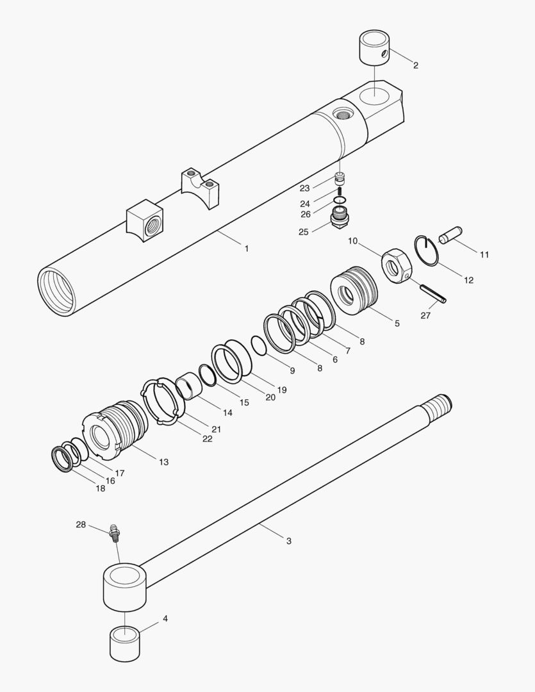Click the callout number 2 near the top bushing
pyautogui.click(x=415, y=65)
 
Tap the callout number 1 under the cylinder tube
pyautogui.click(x=246, y=248)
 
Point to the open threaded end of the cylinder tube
pyautogui.click(x=58, y=289)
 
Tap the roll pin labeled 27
pyautogui.click(x=433, y=292)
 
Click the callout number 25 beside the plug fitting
pyautogui.click(x=303, y=232)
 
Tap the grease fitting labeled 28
pyautogui.click(x=116, y=532)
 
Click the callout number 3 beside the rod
pyautogui.click(x=288, y=541)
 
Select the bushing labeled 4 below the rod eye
pyautogui.click(x=125, y=643)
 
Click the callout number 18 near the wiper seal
pyautogui.click(x=100, y=488)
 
